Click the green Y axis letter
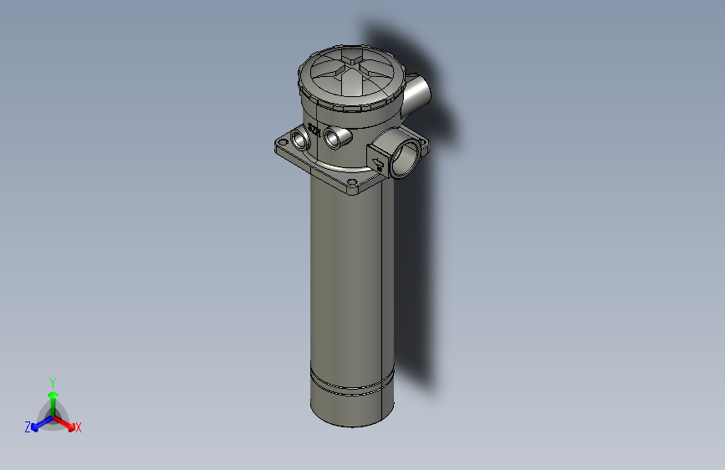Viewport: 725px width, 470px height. [x=52, y=382]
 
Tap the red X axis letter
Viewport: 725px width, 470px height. [x=79, y=428]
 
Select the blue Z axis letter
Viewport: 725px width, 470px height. [x=28, y=427]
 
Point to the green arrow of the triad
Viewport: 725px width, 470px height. [x=53, y=396]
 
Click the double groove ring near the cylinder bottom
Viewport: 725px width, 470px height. [x=351, y=386]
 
